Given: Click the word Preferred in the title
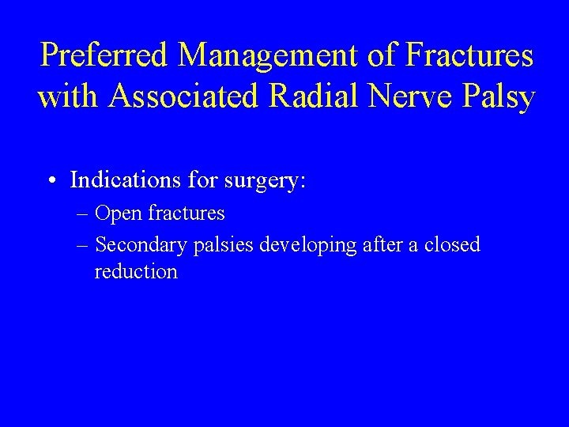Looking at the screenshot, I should coord(105,56).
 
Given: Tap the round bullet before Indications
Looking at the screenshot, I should coord(50,181).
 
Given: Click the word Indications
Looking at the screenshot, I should coord(126,180).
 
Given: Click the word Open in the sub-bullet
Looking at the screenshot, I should coord(119,214).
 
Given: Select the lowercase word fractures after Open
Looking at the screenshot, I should coord(187,213).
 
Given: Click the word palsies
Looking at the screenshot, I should coord(222,246).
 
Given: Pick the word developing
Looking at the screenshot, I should coord(308,246).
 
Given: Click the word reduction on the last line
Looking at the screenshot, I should coord(135,272).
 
